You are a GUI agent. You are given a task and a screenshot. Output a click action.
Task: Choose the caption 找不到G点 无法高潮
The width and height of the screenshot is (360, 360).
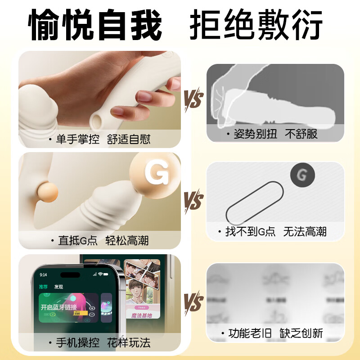point(275,232)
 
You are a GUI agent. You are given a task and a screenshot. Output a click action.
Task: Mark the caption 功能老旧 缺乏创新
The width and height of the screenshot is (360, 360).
point(275,333)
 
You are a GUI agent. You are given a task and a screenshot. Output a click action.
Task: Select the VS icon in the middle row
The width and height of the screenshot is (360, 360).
point(193,199)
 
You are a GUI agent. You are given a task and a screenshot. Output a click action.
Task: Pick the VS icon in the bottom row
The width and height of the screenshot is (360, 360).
point(193,301)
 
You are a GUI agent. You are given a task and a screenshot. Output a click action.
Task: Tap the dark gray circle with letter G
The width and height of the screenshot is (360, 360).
point(302,175)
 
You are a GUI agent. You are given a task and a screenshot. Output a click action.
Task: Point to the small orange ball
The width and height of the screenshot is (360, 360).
point(46,191)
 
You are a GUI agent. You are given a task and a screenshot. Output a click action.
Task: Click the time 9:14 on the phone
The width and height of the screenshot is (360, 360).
point(43,274)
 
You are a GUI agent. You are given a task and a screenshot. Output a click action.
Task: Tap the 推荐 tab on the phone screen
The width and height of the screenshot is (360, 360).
point(43,287)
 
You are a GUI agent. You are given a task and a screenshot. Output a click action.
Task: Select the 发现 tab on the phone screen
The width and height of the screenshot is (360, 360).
point(58,287)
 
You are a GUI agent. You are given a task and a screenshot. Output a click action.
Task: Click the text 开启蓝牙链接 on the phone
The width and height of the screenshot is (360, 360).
point(59,307)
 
